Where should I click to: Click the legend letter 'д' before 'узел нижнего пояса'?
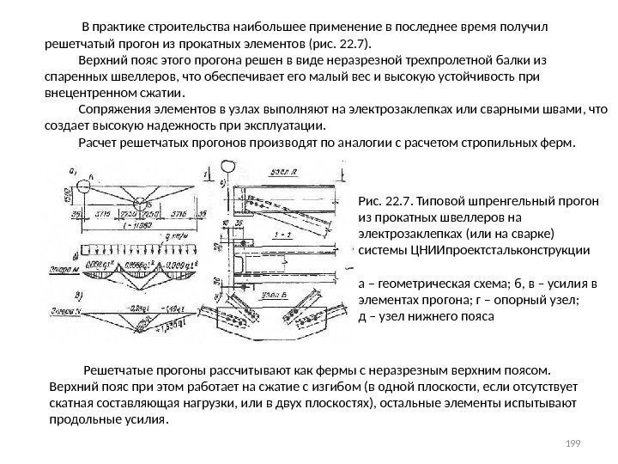point(360,315)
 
